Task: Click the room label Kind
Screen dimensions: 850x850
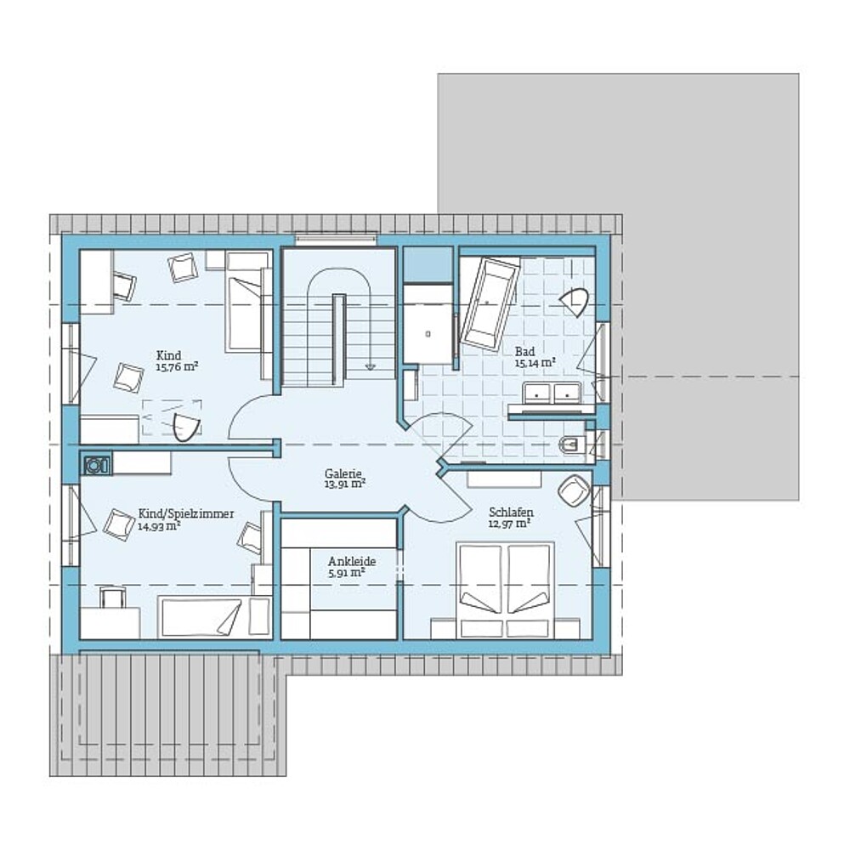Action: coord(168,355)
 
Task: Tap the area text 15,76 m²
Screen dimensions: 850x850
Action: coord(177,367)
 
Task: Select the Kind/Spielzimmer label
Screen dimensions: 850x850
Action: coord(186,513)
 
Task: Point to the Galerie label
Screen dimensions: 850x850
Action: coord(343,473)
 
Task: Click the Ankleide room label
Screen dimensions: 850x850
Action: coord(352,562)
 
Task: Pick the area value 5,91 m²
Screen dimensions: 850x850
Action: coord(347,572)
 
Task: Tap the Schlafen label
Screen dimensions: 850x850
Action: coord(511,513)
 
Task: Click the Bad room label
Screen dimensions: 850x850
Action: coord(524,351)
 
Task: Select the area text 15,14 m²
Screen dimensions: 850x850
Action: coord(535,363)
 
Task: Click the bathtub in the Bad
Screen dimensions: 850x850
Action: coord(490,303)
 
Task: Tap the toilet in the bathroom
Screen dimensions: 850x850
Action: coord(571,445)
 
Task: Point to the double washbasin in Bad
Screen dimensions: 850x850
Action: coord(552,394)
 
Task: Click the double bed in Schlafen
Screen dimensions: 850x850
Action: coord(505,591)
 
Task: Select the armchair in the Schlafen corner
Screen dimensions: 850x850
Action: coord(574,490)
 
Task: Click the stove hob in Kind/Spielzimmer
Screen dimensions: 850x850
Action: coord(97,465)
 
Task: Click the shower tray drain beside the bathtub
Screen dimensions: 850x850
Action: coord(428,334)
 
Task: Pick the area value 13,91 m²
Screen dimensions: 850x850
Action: coord(345,484)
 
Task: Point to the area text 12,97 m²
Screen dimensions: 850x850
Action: coord(509,524)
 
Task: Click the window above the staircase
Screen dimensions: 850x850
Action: coord(336,237)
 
